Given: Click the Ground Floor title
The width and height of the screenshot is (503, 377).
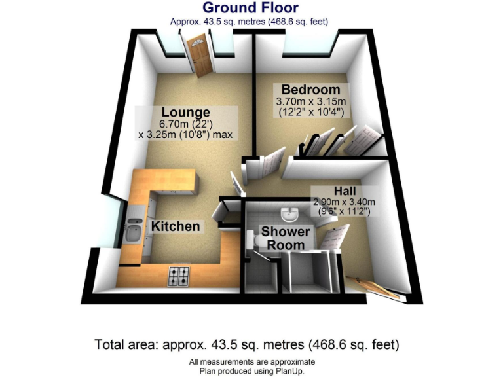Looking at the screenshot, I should pyautogui.click(x=250, y=8).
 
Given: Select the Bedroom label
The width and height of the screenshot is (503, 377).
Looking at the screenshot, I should pyautogui.click(x=311, y=90).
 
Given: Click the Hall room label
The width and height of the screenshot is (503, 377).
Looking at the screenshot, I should pyautogui.click(x=345, y=190).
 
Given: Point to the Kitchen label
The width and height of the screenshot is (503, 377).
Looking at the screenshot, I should pyautogui.click(x=176, y=226).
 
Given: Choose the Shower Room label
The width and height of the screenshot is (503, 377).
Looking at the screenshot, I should pyautogui.click(x=286, y=238).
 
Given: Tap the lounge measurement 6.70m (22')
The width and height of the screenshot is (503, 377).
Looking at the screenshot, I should pyautogui.click(x=187, y=124).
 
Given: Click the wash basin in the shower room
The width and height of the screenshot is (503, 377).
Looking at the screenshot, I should pyautogui.click(x=289, y=215).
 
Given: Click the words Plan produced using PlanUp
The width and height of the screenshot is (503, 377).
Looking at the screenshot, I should pyautogui.click(x=251, y=371).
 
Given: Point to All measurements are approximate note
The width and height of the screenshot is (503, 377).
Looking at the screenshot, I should pyautogui.click(x=251, y=362).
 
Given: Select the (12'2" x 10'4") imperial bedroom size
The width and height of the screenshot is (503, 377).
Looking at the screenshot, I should pyautogui.click(x=311, y=112).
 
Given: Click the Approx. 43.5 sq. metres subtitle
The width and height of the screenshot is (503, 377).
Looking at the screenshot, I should pyautogui.click(x=250, y=22).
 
